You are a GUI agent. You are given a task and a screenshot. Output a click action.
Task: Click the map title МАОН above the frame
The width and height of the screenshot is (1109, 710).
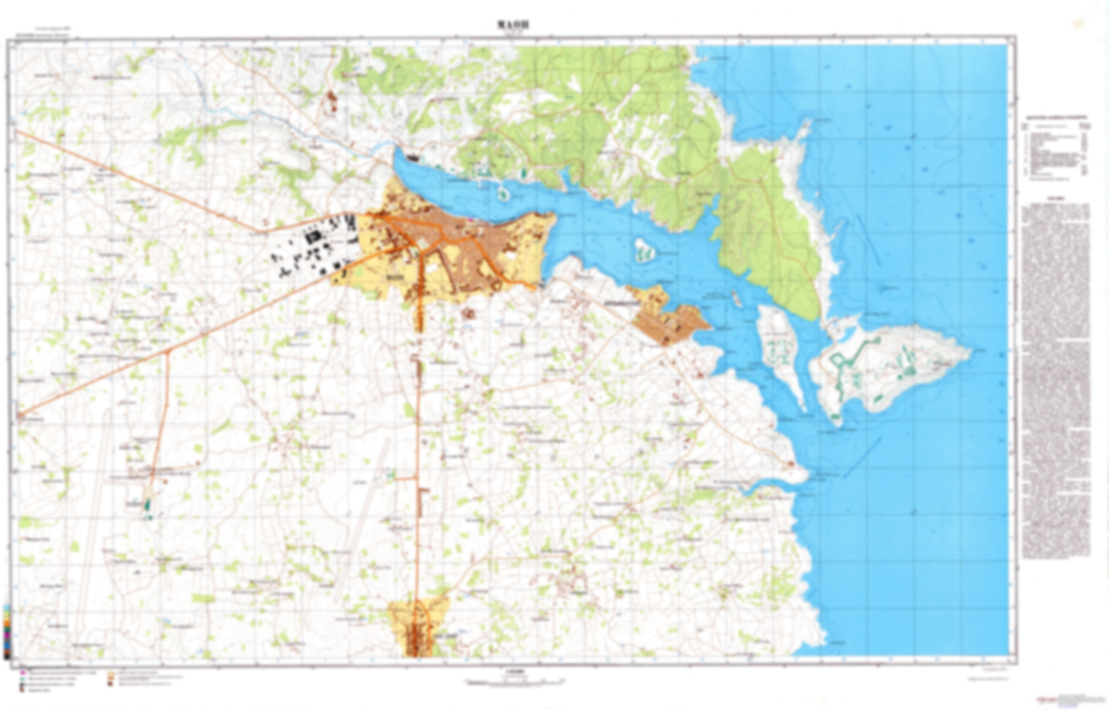tap(513, 25)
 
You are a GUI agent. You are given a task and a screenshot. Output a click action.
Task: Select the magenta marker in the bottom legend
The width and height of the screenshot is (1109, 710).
tap(22, 672)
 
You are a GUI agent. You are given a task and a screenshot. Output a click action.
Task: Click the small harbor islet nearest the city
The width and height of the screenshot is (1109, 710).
tap(503, 194)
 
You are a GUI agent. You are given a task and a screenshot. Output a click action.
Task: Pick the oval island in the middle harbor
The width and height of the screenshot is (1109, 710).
tap(645, 250)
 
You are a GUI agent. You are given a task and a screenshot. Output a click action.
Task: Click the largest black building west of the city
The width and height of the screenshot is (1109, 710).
tap(312, 237)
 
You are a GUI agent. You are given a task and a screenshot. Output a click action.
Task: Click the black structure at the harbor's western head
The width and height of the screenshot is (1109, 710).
tap(412, 157)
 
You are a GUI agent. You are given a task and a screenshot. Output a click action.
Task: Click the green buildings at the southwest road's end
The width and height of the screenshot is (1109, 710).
tap(148, 505)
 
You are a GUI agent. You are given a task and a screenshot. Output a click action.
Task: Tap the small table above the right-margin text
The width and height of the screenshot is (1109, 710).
tap(1054, 152)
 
